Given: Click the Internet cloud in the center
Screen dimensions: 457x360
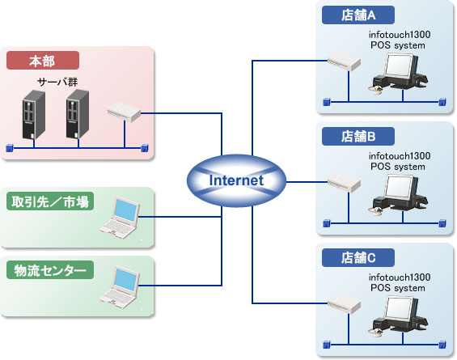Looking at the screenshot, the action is pyautogui.click(x=236, y=180).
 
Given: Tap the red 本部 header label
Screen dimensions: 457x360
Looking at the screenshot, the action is pyautogui.click(x=43, y=61).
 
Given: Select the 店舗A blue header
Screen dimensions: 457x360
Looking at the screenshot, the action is pyautogui.click(x=358, y=15).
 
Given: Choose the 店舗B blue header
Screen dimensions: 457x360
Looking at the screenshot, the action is pyautogui.click(x=358, y=136).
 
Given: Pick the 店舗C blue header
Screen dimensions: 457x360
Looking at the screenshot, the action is pyautogui.click(x=358, y=257).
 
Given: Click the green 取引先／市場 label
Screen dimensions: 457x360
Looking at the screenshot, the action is pyautogui.click(x=50, y=201).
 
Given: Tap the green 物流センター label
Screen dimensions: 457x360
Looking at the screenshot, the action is pyautogui.click(x=50, y=270).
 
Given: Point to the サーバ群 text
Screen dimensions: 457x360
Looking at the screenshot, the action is pyautogui.click(x=57, y=82).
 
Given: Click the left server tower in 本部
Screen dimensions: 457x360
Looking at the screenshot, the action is pyautogui.click(x=34, y=115).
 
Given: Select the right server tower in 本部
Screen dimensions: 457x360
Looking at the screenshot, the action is pyautogui.click(x=78, y=114).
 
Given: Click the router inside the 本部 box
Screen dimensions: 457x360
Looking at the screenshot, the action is pyautogui.click(x=124, y=112).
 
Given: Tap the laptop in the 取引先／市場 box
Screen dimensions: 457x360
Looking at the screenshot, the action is pyautogui.click(x=120, y=218).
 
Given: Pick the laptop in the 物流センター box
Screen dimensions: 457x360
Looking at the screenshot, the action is pyautogui.click(x=120, y=287).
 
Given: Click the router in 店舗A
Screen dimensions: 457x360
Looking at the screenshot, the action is pyautogui.click(x=344, y=61).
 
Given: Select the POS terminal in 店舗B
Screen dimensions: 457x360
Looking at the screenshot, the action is pyautogui.click(x=398, y=194).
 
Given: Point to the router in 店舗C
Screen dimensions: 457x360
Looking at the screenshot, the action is pyautogui.click(x=344, y=303).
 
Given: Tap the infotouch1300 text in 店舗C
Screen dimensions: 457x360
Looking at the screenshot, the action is pyautogui.click(x=400, y=277).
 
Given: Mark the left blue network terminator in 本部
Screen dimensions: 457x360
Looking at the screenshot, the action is pyautogui.click(x=10, y=148).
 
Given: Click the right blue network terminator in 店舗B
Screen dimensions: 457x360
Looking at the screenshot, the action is pyautogui.click(x=442, y=223).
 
